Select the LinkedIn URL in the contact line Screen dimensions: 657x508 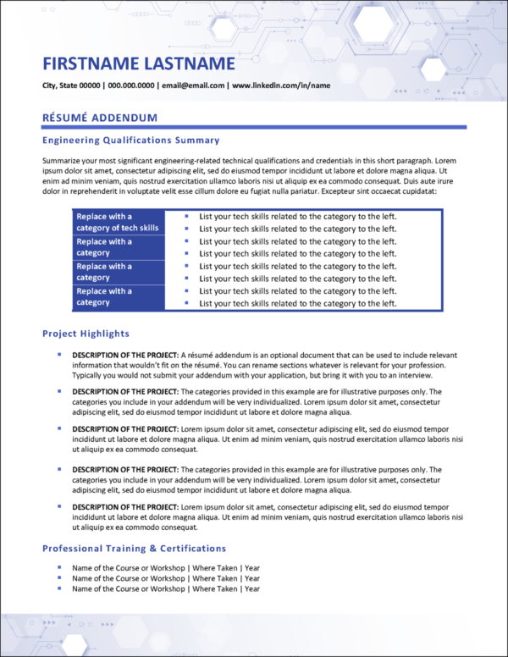281,86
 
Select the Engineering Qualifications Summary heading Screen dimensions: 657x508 130,141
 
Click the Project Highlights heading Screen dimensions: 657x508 86,334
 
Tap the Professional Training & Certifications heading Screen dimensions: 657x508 134,549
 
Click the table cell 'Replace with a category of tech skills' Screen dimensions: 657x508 117,222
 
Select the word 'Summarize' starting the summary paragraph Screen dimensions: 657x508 62,159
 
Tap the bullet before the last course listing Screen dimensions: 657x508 59,588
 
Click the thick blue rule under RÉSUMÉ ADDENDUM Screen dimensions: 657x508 254,127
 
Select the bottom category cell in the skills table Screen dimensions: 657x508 117,297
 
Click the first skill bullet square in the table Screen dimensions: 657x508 185,216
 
